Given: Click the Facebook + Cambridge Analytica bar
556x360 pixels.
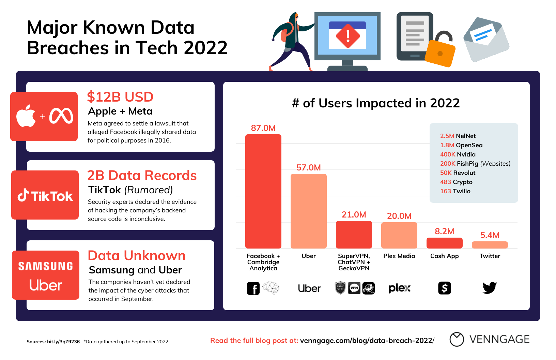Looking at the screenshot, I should point(263,191).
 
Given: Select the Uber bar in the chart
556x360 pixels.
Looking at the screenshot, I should point(308,211).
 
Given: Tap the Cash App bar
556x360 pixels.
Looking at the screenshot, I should point(444,243).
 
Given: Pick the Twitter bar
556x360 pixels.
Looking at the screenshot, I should point(490,245).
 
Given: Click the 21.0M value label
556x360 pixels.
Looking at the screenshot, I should point(354,215).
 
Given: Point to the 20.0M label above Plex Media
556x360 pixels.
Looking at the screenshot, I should point(399,216).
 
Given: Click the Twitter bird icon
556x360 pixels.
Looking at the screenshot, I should point(490,288).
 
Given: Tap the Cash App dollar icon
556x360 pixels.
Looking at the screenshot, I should point(444,288).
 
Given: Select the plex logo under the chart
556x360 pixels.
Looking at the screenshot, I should point(399,288).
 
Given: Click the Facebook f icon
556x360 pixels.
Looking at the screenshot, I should point(253,288).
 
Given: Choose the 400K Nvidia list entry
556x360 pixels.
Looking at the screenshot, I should point(458,154).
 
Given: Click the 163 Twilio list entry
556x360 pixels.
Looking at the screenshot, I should point(455,191).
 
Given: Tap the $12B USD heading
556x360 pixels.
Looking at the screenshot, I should point(120,97).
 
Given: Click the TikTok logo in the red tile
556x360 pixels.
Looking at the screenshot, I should point(45,196).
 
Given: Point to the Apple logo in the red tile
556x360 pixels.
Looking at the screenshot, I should point(26,116).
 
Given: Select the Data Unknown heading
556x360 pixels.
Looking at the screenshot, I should point(137,256).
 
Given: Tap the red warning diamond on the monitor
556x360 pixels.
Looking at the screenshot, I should point(347,36).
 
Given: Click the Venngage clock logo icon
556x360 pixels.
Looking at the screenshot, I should point(457,339).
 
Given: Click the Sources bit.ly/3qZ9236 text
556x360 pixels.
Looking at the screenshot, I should point(53,342).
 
